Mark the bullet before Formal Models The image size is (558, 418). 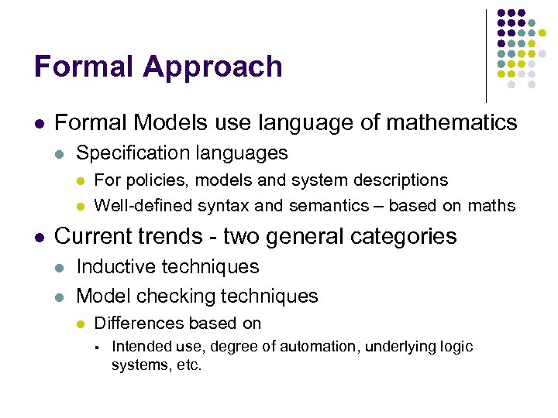point(39,123)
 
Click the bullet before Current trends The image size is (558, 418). point(39,236)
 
